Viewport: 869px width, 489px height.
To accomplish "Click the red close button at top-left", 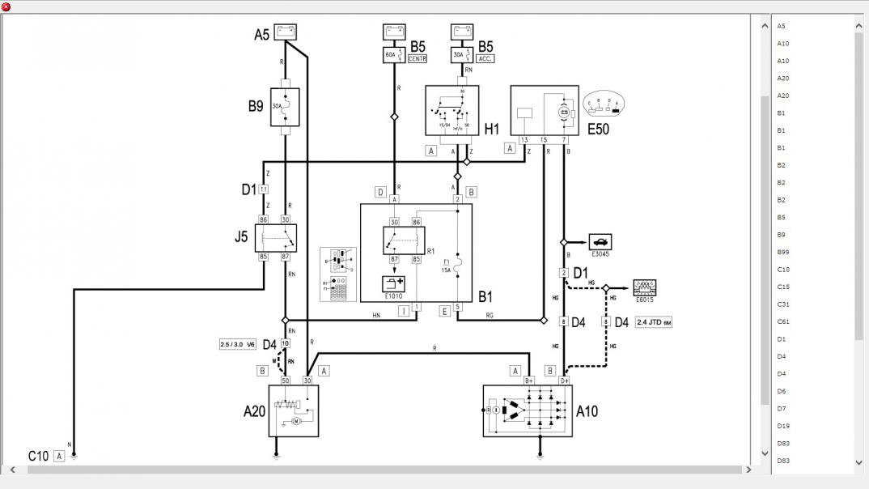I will click(x=6, y=6).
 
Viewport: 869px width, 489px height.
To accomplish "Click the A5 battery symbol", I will click(x=285, y=32).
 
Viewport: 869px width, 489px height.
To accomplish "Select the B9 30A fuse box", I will click(x=285, y=108).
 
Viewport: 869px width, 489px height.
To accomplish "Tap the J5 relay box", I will click(x=276, y=238).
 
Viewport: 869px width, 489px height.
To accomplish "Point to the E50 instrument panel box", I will click(x=544, y=111).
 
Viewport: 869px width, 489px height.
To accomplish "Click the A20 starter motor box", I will click(x=293, y=410).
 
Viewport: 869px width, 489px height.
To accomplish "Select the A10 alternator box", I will click(x=527, y=410).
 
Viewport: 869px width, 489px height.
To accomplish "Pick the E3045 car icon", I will click(x=600, y=241).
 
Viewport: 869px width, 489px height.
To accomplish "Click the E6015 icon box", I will click(x=644, y=287).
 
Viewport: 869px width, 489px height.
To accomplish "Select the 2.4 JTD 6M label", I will click(x=654, y=322).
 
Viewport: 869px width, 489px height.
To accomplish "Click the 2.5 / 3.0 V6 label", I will click(x=238, y=344).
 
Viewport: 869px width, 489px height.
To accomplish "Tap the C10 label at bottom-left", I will click(x=38, y=456).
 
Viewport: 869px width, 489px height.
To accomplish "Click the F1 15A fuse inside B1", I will click(x=458, y=265).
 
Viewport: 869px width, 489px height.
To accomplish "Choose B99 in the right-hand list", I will click(x=782, y=252).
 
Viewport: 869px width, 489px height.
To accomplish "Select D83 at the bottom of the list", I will click(x=782, y=461).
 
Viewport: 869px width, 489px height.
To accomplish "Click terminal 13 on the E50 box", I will click(x=524, y=141).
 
